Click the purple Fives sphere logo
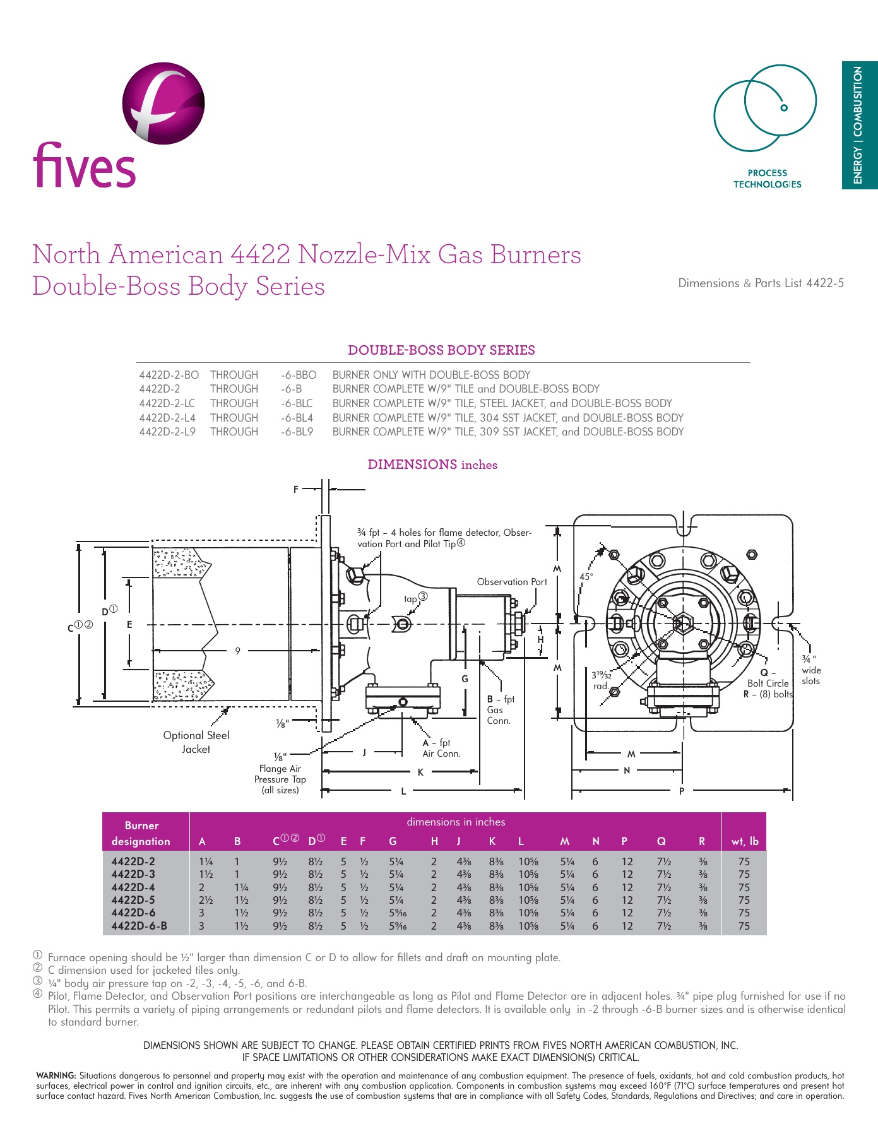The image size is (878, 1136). click(x=163, y=103)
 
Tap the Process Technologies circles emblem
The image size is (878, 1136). click(x=765, y=108)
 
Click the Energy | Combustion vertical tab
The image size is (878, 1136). click(x=859, y=125)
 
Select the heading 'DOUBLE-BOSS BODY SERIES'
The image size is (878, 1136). click(x=441, y=350)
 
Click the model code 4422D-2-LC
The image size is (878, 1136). click(x=167, y=403)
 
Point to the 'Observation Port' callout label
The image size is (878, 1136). click(x=511, y=582)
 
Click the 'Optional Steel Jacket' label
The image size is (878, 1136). click(x=196, y=742)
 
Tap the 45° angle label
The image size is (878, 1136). click(x=586, y=577)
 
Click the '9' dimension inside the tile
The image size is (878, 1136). click(x=238, y=651)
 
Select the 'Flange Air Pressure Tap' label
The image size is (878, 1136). click(x=280, y=779)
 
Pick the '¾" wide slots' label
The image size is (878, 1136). click(x=810, y=670)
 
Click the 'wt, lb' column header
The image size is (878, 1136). click(x=745, y=841)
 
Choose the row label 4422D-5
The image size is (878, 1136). click(x=133, y=900)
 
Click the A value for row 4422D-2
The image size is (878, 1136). click(x=206, y=861)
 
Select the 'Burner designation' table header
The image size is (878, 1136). click(x=141, y=833)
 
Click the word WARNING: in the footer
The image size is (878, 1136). click(x=56, y=1075)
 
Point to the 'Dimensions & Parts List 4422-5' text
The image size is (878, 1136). click(x=761, y=283)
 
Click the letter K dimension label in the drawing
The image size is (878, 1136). click(x=420, y=772)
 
